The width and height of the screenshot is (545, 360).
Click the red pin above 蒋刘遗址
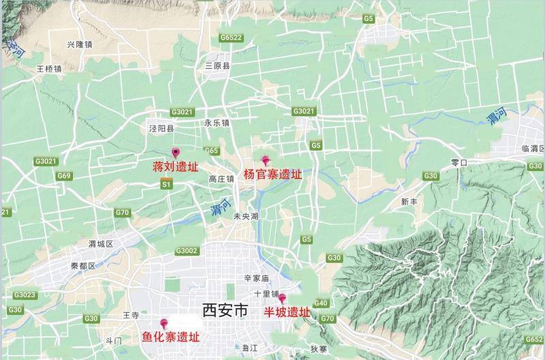coord(176,153)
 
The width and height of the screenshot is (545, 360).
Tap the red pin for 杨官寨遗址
coord(266,161)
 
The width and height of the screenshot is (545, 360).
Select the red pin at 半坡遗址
coord(282,299)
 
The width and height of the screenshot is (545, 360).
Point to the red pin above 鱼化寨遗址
coord(163,324)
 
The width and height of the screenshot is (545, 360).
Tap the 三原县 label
coord(219,66)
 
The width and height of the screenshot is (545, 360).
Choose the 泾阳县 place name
coord(162,128)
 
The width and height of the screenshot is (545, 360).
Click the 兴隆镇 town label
coord(79,45)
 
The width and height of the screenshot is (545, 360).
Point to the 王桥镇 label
coord(49,69)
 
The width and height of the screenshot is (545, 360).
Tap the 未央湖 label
coord(246,216)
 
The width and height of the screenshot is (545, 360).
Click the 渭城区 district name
coord(100,243)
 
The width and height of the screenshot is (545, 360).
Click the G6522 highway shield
coord(232,37)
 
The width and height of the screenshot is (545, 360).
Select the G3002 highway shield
coord(185,251)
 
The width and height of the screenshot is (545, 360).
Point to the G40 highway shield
coord(321,303)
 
